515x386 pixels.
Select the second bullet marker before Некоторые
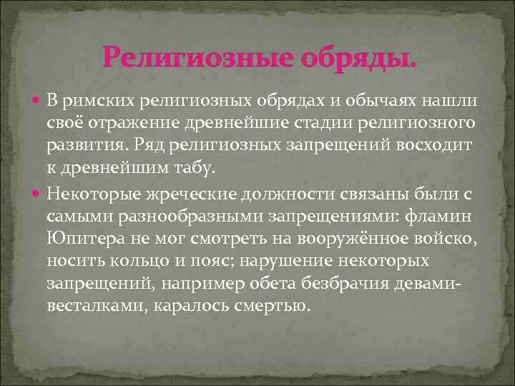(x=39, y=192)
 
